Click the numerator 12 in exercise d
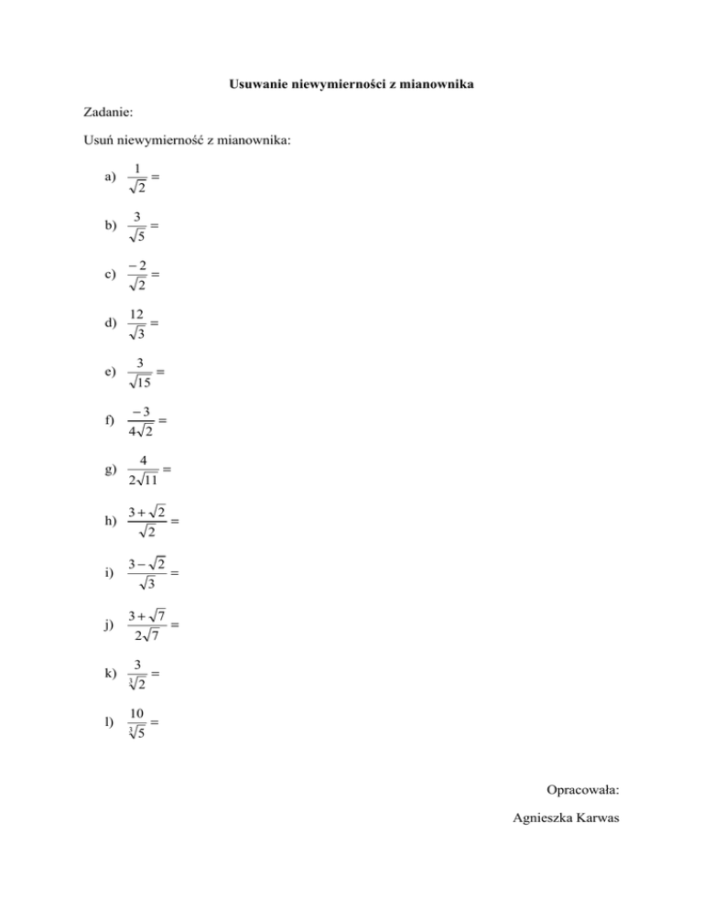point(137,314)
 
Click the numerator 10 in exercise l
point(136,713)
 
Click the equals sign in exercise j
point(174,624)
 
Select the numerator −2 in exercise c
point(137,265)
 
